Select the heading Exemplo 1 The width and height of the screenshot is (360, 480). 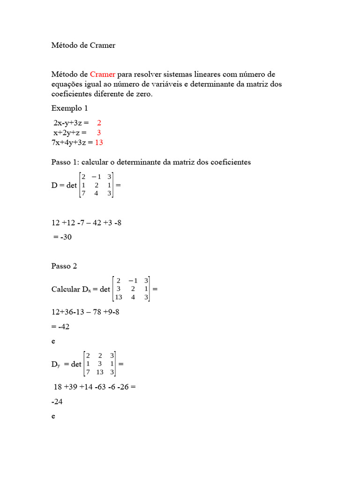[69, 108]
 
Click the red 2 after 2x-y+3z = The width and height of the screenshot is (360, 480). [99, 123]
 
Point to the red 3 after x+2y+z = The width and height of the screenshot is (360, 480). [99, 133]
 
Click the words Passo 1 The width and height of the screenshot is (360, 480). [65, 162]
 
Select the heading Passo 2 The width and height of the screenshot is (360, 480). [64, 266]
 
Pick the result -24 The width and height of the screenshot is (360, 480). [57, 402]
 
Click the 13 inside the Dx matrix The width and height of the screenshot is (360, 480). [119, 297]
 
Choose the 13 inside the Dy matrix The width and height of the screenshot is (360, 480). [99, 372]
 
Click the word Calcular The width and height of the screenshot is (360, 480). [66, 289]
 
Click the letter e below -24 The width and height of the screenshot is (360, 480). [53, 416]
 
